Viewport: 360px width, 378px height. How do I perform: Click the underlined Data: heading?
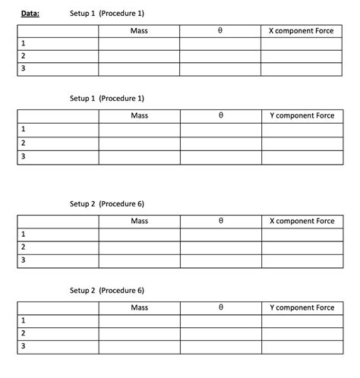(30, 13)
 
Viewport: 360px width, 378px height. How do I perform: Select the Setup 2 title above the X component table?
(106, 204)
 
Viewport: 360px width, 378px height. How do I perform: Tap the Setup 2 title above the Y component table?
(106, 291)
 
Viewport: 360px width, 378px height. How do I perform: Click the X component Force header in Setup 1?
(302, 31)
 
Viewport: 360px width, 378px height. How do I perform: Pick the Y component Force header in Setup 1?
(302, 115)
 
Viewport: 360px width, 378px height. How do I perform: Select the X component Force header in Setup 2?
(302, 221)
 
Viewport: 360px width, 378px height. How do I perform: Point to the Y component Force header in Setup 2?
(302, 307)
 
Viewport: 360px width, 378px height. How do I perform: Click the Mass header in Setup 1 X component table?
(139, 31)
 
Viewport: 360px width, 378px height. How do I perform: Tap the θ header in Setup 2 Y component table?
(220, 307)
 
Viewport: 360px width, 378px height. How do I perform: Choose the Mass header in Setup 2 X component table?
(139, 221)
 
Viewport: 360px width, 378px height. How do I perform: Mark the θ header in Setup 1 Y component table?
(220, 115)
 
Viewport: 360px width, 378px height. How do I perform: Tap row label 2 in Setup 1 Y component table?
(23, 143)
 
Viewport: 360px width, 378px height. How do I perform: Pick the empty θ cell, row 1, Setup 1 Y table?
(220, 130)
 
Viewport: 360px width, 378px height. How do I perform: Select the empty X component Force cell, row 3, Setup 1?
(302, 69)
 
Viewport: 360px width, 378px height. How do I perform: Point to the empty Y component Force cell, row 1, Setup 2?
(302, 321)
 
